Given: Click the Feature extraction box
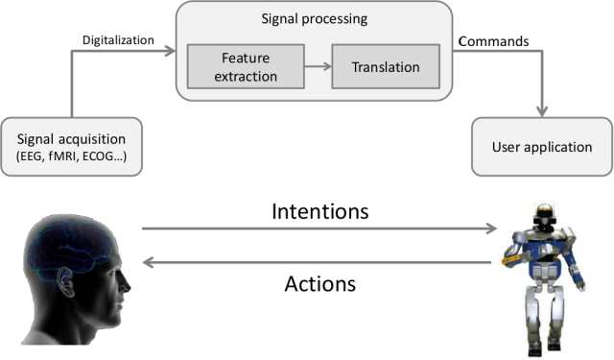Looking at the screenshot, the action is pos(246,66).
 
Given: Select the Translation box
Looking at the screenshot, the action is pos(386,66).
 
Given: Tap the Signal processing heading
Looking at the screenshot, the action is pos(315,19).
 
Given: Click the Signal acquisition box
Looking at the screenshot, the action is pos(71,147).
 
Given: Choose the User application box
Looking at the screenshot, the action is pos(542,147).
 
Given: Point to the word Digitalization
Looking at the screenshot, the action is pos(118,40).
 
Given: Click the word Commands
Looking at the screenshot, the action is pos(493,41).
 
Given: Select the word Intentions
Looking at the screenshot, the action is pos(319,211).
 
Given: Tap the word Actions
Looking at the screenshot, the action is pos(319,283).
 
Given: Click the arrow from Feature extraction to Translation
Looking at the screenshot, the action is pos(318,66).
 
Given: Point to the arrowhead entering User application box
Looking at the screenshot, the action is pos(542,111).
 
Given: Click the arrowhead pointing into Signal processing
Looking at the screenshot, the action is pos(170,51).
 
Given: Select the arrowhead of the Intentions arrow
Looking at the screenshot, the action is pos(491,228).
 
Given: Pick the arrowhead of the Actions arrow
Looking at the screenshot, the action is pos(148,262).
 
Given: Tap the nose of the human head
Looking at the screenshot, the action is pos(126,284).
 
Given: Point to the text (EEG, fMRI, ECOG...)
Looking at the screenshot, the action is pos(71,156).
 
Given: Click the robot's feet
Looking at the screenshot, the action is pos(544,347).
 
